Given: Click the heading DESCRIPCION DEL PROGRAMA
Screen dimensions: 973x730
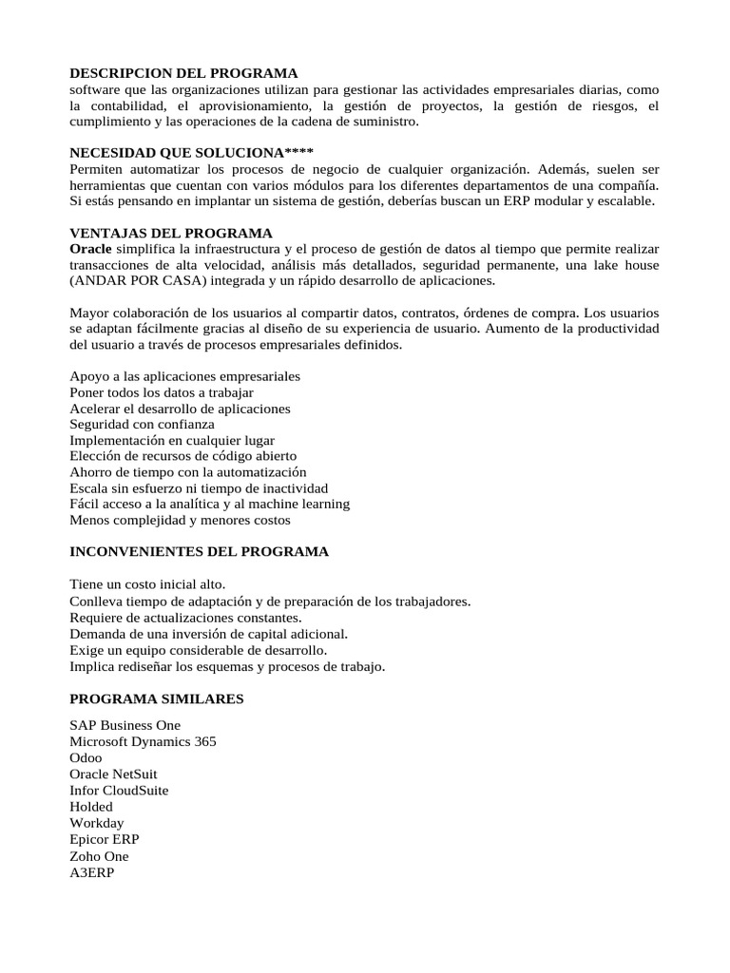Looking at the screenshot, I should (x=183, y=73).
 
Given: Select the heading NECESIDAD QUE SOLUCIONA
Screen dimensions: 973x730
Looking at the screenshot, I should (x=191, y=153).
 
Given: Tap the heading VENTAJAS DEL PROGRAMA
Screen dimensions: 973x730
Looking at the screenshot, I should (x=171, y=233).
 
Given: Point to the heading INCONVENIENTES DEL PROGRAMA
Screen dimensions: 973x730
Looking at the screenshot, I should (x=200, y=551).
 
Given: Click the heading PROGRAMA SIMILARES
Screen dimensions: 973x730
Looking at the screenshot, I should (x=157, y=698).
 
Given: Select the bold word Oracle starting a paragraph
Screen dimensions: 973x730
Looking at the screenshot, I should (x=91, y=249).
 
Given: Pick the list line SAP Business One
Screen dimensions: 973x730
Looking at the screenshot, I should (x=125, y=725).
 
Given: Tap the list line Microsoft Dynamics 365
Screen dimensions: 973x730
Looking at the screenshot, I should (x=144, y=741).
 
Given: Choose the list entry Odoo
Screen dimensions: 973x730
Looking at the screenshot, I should (x=86, y=757).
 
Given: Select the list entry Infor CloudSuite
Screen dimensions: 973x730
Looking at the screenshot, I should (x=120, y=790).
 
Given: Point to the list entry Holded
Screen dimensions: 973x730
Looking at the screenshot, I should (x=91, y=807).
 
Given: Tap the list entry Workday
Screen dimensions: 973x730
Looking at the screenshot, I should (x=97, y=823).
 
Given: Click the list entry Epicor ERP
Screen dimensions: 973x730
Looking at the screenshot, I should (x=105, y=839).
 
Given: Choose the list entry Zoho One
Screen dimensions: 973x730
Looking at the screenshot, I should (x=100, y=856).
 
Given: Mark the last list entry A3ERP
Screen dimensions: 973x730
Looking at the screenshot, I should (x=92, y=872).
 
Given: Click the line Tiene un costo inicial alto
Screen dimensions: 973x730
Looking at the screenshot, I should (x=147, y=584).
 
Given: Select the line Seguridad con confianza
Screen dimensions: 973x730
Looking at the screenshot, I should (x=143, y=424).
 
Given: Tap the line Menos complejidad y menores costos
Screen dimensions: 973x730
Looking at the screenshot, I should (x=181, y=520).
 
